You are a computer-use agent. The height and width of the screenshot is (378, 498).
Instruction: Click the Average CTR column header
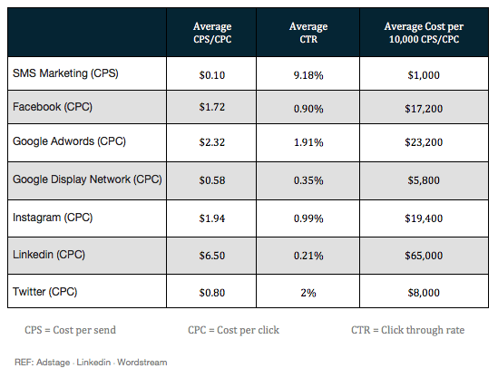coord(308,33)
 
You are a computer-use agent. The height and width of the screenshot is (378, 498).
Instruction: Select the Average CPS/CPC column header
coord(212,33)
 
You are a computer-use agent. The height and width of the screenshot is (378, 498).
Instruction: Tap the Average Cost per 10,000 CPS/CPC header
coord(424,33)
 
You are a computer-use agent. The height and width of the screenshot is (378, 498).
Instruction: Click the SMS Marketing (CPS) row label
coord(65,73)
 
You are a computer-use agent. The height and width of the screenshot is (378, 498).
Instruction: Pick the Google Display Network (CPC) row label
coord(87,179)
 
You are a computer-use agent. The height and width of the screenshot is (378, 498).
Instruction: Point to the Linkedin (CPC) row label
coord(49,255)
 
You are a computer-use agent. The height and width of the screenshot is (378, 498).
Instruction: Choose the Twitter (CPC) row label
coord(44,292)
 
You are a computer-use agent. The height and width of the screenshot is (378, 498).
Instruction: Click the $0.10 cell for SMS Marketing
coord(212,75)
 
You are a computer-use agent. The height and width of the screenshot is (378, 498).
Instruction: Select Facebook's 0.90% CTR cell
coord(308,109)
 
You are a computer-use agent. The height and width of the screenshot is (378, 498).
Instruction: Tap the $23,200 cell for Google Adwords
coord(424,142)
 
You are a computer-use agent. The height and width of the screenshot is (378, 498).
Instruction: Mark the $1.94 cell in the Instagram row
coord(212,218)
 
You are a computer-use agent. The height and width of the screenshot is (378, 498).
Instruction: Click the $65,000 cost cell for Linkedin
coord(424,256)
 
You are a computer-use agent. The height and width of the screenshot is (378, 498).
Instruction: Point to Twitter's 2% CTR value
coord(308,293)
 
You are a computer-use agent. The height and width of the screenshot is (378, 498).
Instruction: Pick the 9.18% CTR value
coord(308,75)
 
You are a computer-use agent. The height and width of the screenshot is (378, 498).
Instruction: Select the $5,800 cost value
coord(424,180)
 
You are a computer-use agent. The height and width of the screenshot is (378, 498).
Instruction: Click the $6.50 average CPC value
coord(212,256)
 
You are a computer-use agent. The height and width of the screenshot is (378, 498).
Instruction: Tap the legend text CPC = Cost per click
coord(233,330)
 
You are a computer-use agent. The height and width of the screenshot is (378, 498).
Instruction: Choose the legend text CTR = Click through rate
coord(408,330)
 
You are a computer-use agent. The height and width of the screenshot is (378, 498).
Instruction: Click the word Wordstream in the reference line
coord(142,363)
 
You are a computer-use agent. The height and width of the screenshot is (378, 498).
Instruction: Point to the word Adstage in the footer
coord(53,363)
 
